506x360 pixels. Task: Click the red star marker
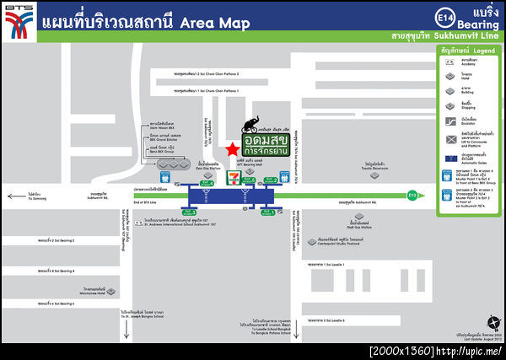coord(232,149)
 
